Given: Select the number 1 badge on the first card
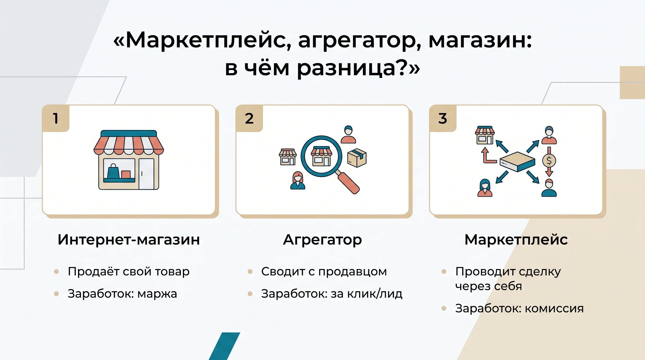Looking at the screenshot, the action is click(x=56, y=118).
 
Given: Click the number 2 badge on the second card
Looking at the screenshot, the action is click(x=249, y=118).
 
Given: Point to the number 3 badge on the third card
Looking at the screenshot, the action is click(x=443, y=118).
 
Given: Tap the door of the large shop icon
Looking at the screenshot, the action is click(x=146, y=173).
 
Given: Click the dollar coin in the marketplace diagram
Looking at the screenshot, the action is click(x=549, y=161).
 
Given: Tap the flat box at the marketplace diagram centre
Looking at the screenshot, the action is click(x=517, y=161).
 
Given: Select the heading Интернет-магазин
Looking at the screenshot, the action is click(x=129, y=240).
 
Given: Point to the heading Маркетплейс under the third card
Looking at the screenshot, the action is click(x=516, y=240).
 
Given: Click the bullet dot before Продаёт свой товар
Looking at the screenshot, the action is click(x=56, y=272).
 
